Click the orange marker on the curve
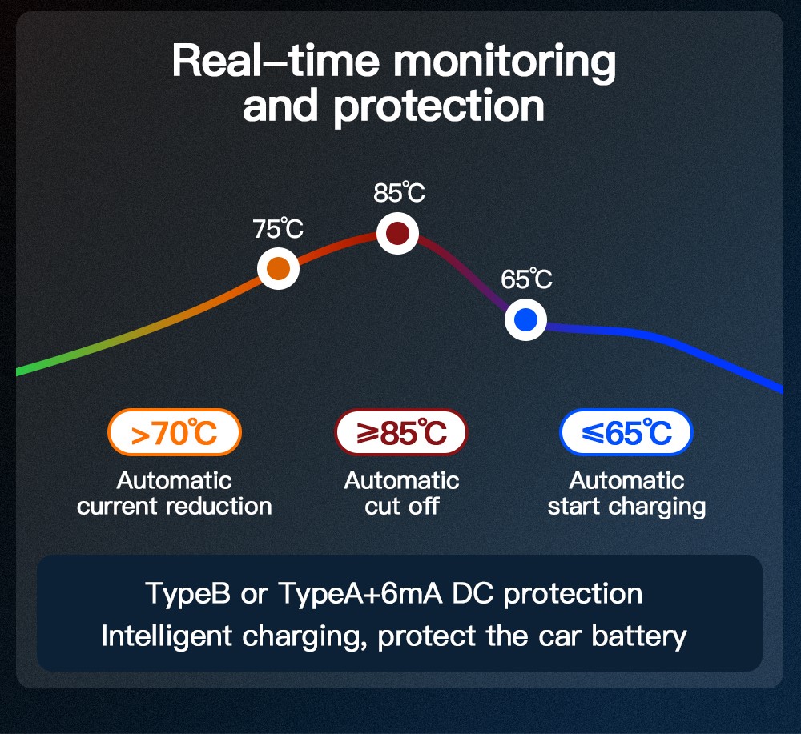click(278, 268)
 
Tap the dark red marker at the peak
click(397, 233)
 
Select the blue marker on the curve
click(525, 320)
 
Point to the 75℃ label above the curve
click(278, 229)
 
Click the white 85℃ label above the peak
click(399, 192)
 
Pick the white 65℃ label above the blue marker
click(526, 279)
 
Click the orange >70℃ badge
click(174, 432)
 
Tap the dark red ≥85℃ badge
click(401, 432)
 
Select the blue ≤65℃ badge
click(626, 432)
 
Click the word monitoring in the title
click(504, 62)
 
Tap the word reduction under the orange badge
click(219, 507)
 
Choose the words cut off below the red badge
click(402, 507)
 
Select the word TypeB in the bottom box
click(188, 594)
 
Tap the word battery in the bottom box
click(638, 637)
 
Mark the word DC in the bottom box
click(473, 593)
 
